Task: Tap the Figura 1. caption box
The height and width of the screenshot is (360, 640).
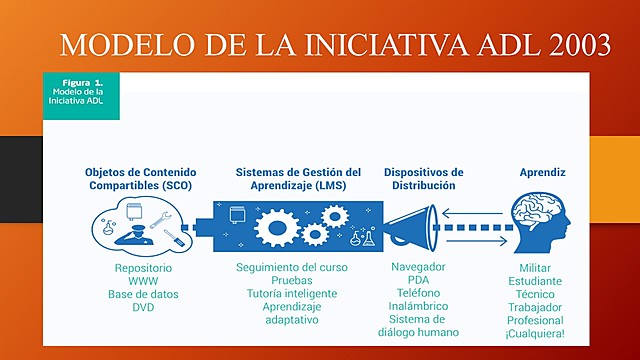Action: coord(81,94)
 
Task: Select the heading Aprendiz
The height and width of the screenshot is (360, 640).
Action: coord(542,172)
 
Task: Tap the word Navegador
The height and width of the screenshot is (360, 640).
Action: coord(419,268)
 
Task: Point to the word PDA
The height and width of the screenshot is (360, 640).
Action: coord(419,281)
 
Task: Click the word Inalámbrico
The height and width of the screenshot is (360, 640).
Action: coord(419,306)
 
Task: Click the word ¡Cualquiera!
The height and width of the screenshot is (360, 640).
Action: coord(542,333)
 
